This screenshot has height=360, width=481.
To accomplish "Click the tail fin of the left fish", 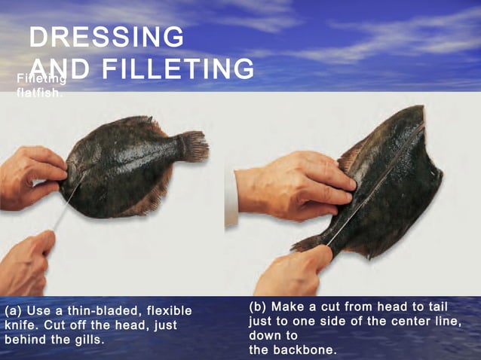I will pos(194,146).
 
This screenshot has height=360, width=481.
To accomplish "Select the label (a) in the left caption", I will pos(13,311).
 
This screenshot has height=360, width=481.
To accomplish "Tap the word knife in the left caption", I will pos(20,325).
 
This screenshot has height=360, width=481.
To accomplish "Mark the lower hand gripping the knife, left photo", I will pos(26,260).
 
